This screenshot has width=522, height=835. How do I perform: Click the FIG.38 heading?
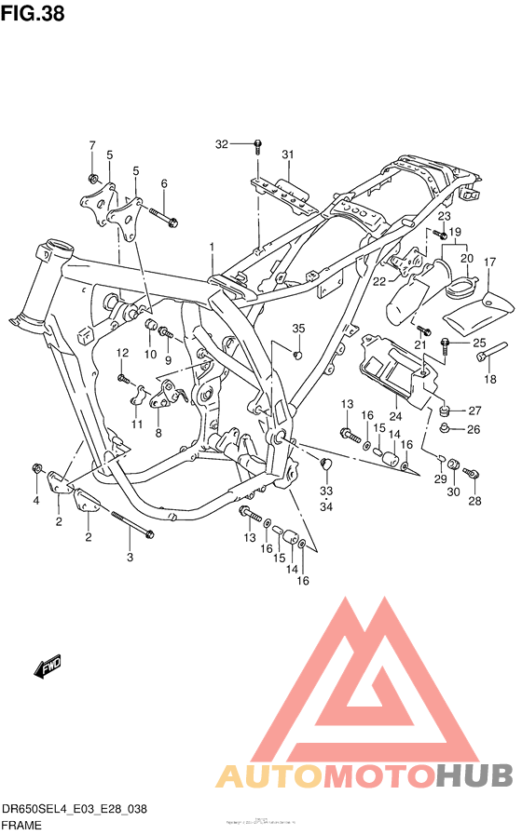pos(33,16)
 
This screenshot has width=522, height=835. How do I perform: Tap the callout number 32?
pos(221,144)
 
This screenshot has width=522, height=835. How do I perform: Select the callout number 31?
pos(288,155)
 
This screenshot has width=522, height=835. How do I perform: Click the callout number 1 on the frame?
pos(212,247)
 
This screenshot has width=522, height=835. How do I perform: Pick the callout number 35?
pos(298,329)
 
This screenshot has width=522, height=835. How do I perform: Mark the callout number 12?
pos(122,353)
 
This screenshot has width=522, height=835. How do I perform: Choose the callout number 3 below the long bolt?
pos(130,557)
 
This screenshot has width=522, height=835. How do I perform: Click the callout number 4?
pos(36,501)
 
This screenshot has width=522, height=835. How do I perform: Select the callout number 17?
pos(488,263)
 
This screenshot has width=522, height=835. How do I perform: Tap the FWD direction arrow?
pos(48,667)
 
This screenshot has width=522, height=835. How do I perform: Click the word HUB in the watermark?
pos(474,775)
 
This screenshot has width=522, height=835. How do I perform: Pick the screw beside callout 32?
pos(258,145)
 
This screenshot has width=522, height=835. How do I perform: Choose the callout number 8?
pos(158,433)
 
